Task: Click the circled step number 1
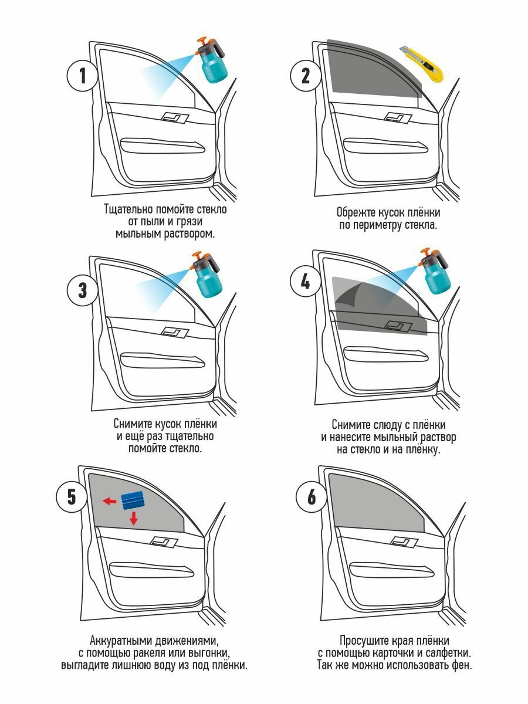(82, 76)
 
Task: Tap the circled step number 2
(305, 76)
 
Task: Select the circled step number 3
(82, 290)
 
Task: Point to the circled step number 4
(305, 282)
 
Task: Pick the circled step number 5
(71, 497)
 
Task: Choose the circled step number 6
(311, 497)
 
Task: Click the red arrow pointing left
(109, 501)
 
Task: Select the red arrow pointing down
(134, 518)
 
